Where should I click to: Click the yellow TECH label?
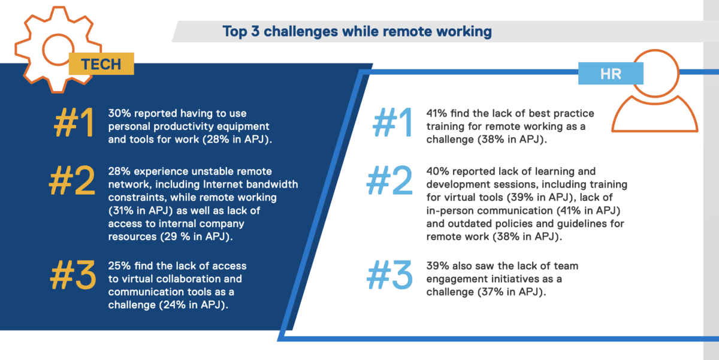101,64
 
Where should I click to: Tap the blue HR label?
611,74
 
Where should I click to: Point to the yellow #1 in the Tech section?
74,123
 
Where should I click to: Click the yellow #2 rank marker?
72,180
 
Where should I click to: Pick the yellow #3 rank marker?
73,275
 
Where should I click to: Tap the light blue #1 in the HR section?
392,123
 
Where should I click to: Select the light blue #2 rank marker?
389,180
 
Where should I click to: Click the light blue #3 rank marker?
389,275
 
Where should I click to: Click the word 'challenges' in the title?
301,32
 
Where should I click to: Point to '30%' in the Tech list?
119,113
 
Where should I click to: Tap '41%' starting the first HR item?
437,113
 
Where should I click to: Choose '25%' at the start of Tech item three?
119,266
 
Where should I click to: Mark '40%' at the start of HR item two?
437,171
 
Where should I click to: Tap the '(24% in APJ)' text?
194,305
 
